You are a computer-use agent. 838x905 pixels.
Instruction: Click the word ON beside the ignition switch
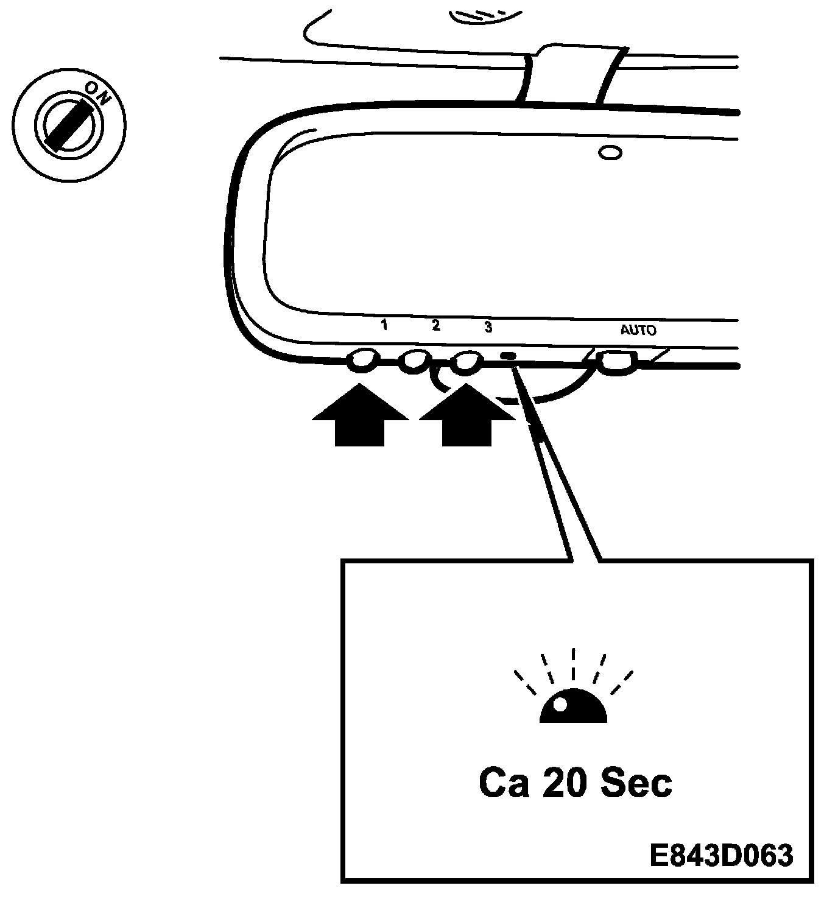[x=96, y=94]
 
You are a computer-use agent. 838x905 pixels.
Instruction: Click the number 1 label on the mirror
[x=384, y=325]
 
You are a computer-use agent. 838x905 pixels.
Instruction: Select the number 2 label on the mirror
[x=435, y=325]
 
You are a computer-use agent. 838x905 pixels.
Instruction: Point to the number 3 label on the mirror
[x=488, y=327]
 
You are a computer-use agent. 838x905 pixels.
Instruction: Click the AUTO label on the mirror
[x=638, y=331]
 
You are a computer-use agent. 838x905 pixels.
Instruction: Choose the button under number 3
[x=466, y=362]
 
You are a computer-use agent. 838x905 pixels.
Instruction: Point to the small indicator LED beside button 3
[x=507, y=356]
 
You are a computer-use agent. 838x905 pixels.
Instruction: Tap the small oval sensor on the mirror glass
[x=610, y=152]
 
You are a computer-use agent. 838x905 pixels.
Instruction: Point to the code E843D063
[x=722, y=856]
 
